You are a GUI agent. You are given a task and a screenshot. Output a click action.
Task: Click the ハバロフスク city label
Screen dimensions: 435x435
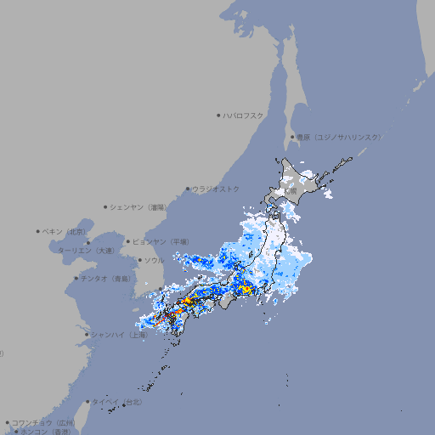pos(243,115)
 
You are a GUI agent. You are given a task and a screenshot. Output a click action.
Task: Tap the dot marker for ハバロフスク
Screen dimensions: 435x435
pos(218,115)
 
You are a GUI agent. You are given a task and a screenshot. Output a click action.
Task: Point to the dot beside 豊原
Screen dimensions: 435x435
pos(293,137)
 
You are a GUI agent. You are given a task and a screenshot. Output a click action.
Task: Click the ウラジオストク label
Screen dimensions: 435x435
pos(216,189)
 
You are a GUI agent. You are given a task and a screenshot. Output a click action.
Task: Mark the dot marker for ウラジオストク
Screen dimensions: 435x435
pos(189,189)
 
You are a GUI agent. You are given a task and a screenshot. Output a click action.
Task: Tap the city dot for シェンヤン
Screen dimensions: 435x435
pos(106,206)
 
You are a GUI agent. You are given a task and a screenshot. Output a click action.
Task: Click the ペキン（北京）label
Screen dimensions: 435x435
pos(65,231)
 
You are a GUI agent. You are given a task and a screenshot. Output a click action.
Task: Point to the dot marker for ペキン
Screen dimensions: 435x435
pos(38,231)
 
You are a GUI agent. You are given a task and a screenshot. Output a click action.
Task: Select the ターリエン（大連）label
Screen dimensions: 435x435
pos(86,251)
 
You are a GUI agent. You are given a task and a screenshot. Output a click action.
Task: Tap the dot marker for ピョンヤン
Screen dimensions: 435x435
pos(129,241)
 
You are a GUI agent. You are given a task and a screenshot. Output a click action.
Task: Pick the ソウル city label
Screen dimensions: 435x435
pos(153,260)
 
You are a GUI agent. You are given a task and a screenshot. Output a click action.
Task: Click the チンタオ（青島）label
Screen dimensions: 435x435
pos(106,278)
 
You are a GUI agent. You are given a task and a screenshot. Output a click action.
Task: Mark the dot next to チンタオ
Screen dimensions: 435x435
pos(76,278)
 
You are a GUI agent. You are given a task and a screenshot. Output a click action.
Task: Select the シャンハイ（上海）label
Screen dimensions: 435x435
pos(119,335)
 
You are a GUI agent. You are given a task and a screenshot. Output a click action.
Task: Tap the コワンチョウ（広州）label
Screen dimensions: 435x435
pos(42,422)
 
